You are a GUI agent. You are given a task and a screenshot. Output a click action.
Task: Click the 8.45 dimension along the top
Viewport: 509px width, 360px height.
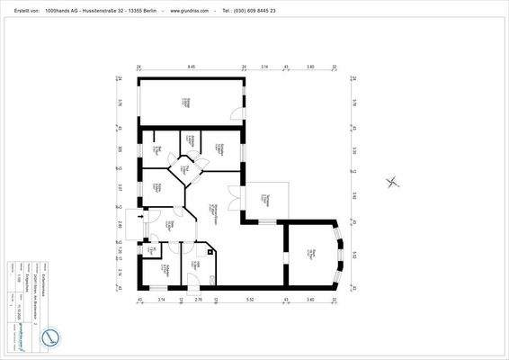[192, 67]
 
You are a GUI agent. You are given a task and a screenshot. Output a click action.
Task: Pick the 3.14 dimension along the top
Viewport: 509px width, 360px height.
[264, 67]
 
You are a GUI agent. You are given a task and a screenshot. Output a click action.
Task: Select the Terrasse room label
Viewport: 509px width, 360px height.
[268, 199]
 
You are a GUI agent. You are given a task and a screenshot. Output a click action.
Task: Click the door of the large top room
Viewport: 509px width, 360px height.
[236, 114]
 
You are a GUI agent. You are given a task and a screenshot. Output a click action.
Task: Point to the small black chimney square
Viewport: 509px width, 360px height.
[210, 252]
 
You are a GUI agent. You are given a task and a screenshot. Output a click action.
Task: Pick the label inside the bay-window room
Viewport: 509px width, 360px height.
[309, 254]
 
